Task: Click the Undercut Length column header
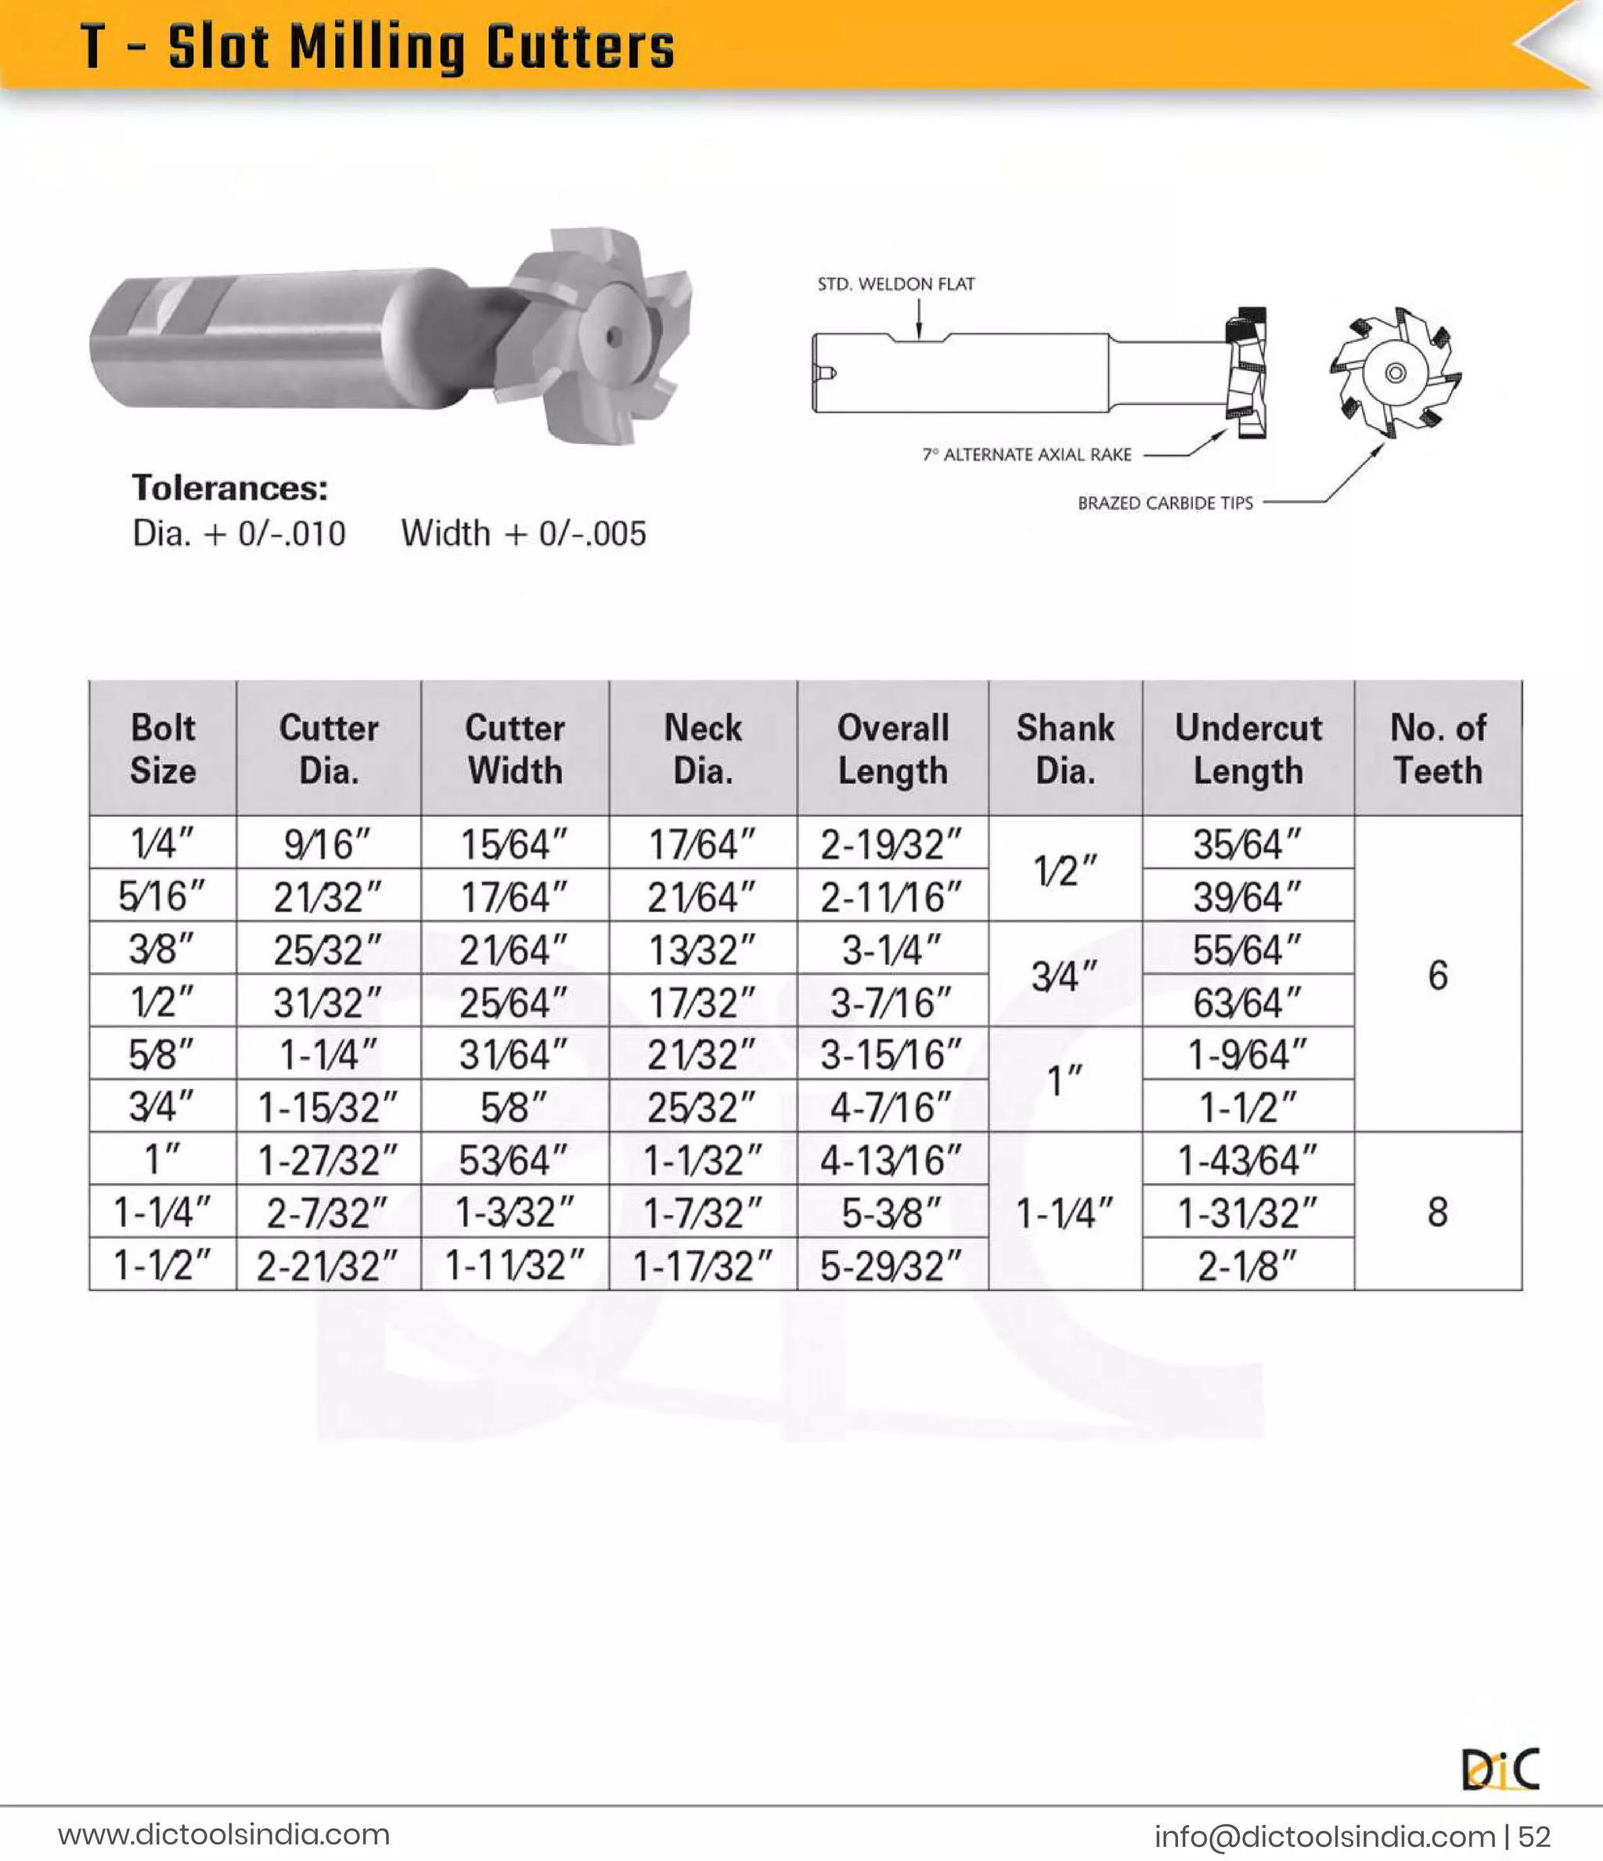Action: [x=1248, y=748]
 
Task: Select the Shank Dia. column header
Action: [x=1065, y=748]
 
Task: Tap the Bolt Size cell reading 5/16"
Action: [x=162, y=896]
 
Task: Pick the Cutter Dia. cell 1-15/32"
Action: [x=328, y=1106]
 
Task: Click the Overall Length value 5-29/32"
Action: [x=891, y=1264]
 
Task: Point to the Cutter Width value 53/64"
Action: [x=513, y=1160]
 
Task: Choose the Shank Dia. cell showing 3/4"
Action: [x=1065, y=976]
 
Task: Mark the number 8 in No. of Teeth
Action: [x=1438, y=1212]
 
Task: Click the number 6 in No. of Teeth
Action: [x=1438, y=975]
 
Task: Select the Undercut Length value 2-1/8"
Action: [x=1248, y=1264]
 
